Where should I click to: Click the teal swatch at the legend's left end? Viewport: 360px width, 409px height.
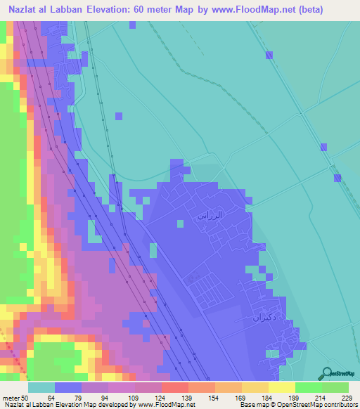coord(41,387)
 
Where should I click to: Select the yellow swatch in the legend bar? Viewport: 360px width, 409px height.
coord(281,387)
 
